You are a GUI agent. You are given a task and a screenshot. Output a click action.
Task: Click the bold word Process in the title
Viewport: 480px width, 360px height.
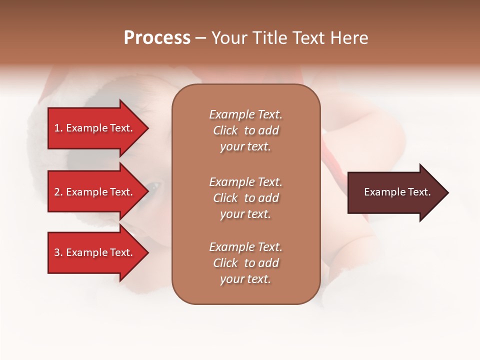[157, 38]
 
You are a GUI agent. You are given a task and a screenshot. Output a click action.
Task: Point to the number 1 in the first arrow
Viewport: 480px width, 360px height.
[56, 128]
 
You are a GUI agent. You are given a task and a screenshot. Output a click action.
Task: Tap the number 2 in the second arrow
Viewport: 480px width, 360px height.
[57, 192]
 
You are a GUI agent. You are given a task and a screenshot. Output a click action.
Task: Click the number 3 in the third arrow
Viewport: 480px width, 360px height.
[57, 252]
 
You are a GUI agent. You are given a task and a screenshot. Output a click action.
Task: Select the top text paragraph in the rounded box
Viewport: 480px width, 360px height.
[245, 130]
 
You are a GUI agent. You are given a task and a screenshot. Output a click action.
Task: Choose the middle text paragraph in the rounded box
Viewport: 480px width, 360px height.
[245, 198]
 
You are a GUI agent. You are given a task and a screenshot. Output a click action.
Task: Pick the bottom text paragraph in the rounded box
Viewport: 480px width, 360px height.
[245, 263]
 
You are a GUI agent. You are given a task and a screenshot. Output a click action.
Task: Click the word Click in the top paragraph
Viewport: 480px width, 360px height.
[225, 130]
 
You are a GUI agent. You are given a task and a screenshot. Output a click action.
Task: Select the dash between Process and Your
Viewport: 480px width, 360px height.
[200, 38]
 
